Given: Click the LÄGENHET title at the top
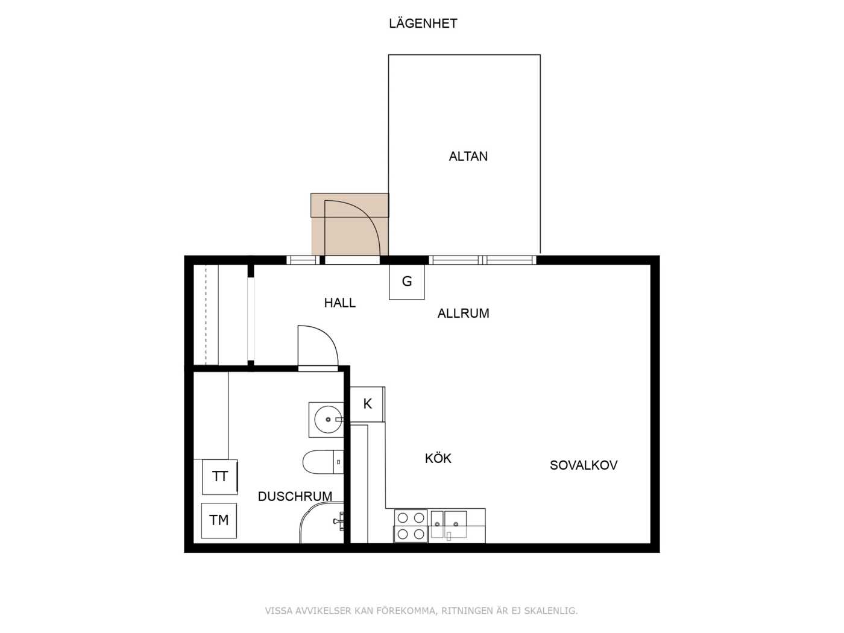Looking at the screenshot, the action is pyautogui.click(x=423, y=24).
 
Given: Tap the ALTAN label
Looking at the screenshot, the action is pyautogui.click(x=468, y=156).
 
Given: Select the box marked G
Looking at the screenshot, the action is pyautogui.click(x=407, y=282).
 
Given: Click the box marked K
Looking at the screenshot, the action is pyautogui.click(x=367, y=404).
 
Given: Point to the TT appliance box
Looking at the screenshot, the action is pyautogui.click(x=219, y=476).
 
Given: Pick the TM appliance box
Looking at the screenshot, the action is pyautogui.click(x=218, y=520).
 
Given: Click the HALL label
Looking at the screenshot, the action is pyautogui.click(x=339, y=303).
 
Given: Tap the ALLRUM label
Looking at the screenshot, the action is pyautogui.click(x=463, y=313).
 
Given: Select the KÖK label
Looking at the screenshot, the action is pyautogui.click(x=438, y=458).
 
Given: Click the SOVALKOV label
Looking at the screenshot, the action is pyautogui.click(x=583, y=465).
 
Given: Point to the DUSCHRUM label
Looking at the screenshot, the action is pyautogui.click(x=295, y=496).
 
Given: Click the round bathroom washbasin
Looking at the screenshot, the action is pyautogui.click(x=327, y=419).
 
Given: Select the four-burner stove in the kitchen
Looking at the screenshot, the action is pyautogui.click(x=411, y=526).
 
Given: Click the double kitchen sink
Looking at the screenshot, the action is pyautogui.click(x=449, y=524).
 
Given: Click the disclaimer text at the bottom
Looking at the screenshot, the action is pyautogui.click(x=421, y=611).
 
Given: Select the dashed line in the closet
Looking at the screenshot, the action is pyautogui.click(x=206, y=315).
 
